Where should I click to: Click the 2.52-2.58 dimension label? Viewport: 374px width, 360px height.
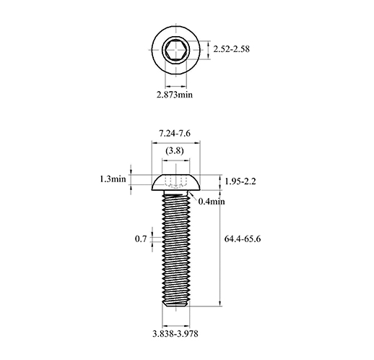click(231, 49)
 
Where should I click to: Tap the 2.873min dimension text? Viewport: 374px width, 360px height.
click(175, 95)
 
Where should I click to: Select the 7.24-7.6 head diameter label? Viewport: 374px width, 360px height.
click(175, 133)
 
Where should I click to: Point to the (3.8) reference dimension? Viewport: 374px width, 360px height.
click(175, 150)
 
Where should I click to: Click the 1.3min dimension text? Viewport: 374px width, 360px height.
click(113, 179)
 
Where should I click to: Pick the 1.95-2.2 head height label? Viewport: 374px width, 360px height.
click(240, 181)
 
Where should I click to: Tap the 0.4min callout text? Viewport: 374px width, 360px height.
click(212, 201)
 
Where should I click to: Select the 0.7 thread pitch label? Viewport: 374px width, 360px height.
click(141, 239)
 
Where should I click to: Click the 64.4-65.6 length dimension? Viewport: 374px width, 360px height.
click(243, 239)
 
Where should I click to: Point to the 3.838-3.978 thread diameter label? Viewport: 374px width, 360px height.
click(175, 334)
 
